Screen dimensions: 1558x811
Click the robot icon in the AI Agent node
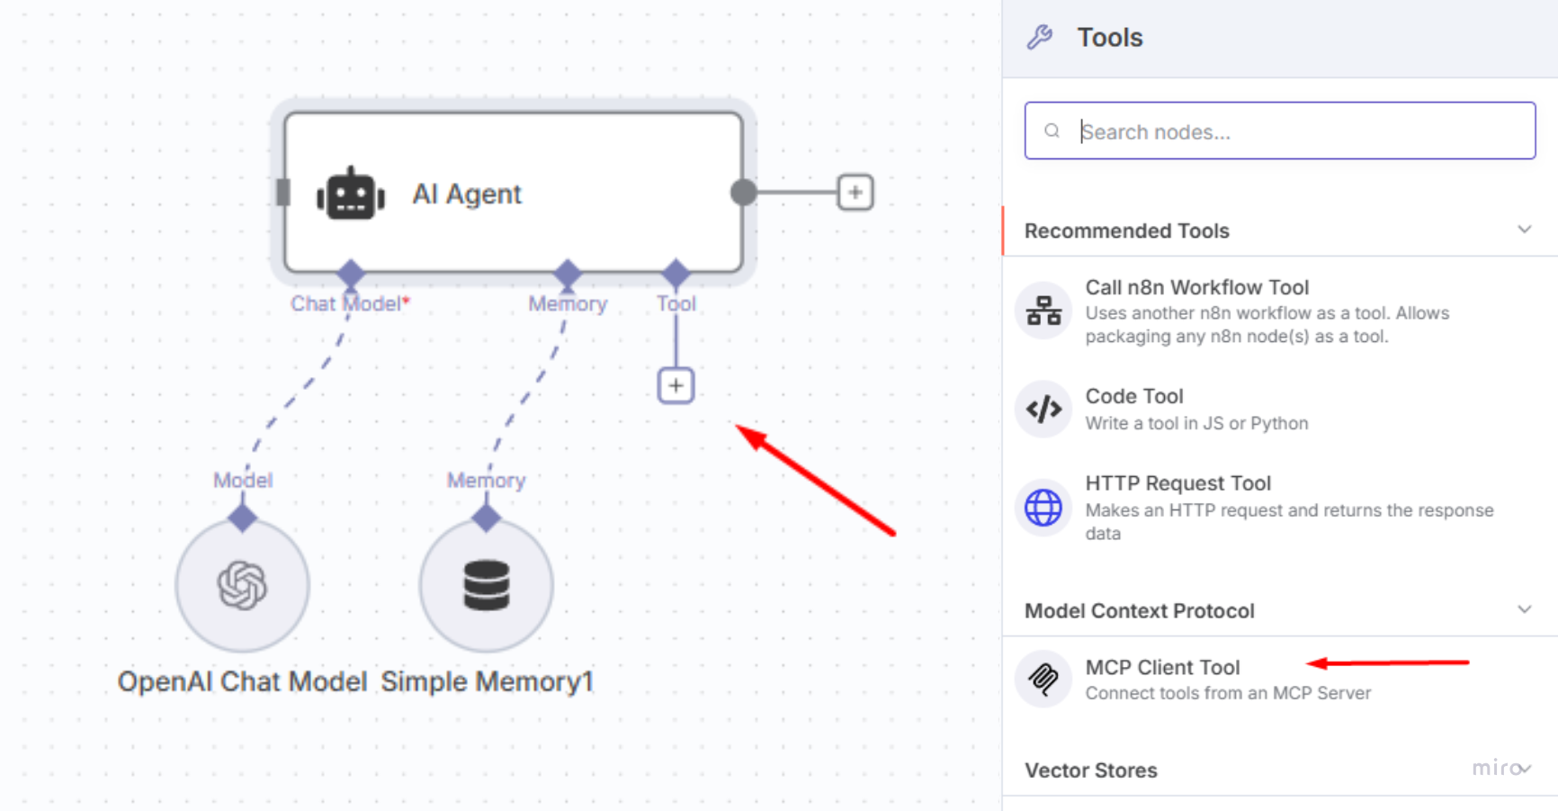pyautogui.click(x=351, y=193)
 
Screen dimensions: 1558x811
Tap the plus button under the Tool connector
pyautogui.click(x=676, y=386)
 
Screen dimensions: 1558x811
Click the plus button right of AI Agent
pyautogui.click(x=855, y=193)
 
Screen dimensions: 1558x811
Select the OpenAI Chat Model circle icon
pyautogui.click(x=242, y=585)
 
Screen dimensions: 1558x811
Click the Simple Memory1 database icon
pyautogui.click(x=487, y=585)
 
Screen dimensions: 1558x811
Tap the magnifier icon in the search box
pyautogui.click(x=1052, y=131)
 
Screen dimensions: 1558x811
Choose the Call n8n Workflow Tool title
pyautogui.click(x=1196, y=287)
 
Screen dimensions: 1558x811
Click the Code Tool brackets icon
pyautogui.click(x=1043, y=410)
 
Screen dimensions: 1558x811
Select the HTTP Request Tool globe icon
pyautogui.click(x=1043, y=508)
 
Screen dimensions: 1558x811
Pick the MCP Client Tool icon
pyautogui.click(x=1043, y=679)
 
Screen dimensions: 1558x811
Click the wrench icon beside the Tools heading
pyautogui.click(x=1040, y=37)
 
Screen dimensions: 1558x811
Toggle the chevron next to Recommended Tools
pyautogui.click(x=1524, y=230)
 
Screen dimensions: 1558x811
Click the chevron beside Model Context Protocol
pyautogui.click(x=1524, y=609)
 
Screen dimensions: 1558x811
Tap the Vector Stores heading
pyautogui.click(x=1091, y=770)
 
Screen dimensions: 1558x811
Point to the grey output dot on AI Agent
pyautogui.click(x=743, y=192)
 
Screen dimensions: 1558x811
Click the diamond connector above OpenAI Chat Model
pyautogui.click(x=242, y=518)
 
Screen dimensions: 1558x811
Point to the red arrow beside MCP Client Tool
pyautogui.click(x=1388, y=663)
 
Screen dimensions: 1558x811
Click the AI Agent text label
pyautogui.click(x=467, y=194)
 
